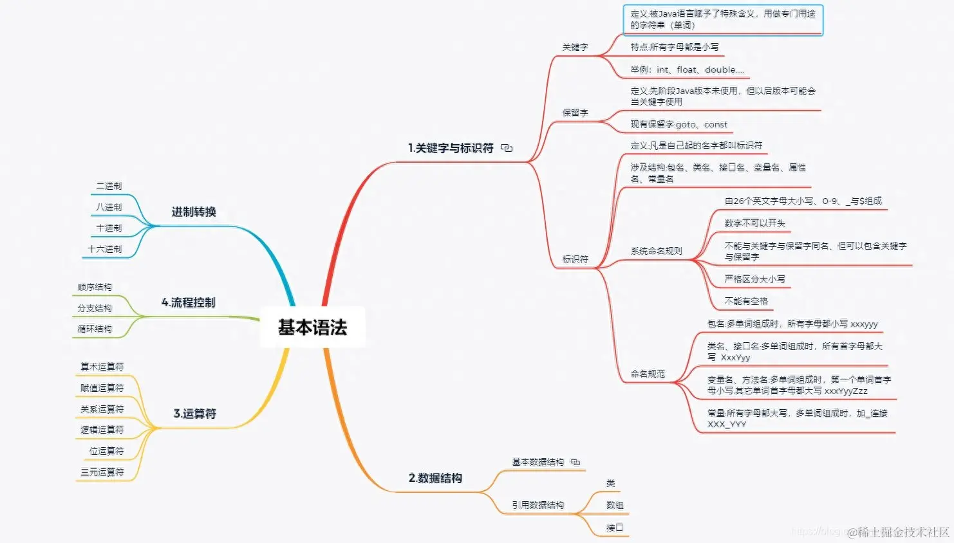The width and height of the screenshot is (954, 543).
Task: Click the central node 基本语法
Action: [x=312, y=327]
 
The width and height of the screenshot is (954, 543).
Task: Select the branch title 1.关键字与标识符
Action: [x=451, y=148]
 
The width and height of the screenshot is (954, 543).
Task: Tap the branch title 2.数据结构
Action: [x=435, y=478]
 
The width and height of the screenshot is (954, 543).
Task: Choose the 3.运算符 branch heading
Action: [x=194, y=414]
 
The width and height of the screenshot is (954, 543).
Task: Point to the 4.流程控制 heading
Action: [x=188, y=302]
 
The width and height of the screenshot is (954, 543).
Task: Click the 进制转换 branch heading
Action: [x=193, y=212]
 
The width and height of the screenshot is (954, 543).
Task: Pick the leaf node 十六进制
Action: [x=104, y=249]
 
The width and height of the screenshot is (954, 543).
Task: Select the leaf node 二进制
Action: [x=109, y=186]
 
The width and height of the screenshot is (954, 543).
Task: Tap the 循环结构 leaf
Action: [x=95, y=329]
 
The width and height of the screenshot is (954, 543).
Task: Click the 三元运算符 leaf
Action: [x=102, y=472]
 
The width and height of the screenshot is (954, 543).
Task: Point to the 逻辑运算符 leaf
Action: [x=102, y=430]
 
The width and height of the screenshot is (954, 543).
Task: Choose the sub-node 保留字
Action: [x=575, y=113]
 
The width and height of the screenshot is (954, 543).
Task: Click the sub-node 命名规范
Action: [x=648, y=374]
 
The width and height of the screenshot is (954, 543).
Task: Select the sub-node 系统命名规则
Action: [x=656, y=251]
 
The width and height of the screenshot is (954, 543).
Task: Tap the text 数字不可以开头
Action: [x=754, y=223]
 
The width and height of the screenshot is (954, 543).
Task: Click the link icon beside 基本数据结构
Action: [x=575, y=462]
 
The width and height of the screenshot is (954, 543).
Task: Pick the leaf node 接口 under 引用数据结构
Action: [x=614, y=528]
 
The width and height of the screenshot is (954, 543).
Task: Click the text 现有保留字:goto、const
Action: [x=678, y=124]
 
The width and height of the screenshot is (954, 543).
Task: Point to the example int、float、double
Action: [x=687, y=69]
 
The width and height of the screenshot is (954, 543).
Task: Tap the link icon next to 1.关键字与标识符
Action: [x=507, y=148]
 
